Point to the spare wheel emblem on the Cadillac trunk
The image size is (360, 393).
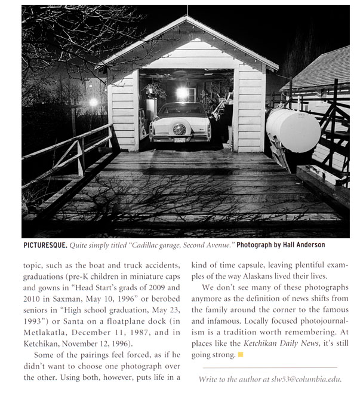click(179, 128)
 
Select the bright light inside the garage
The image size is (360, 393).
click(181, 93)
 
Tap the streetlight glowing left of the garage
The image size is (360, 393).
click(93, 102)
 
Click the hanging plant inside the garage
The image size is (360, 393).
click(154, 90)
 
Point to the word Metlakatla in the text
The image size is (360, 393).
click(48, 331)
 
